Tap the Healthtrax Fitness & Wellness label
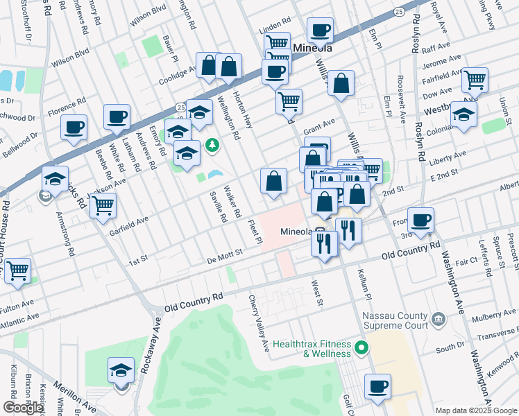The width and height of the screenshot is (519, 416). [x=312, y=348]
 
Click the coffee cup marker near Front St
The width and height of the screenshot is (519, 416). [x=420, y=220]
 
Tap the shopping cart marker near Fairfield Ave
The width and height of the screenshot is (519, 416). [x=475, y=80]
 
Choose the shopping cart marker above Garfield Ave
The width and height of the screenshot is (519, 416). [x=102, y=205]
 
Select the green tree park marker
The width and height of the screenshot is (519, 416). [x=213, y=146]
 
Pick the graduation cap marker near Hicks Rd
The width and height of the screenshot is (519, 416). [x=55, y=179]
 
